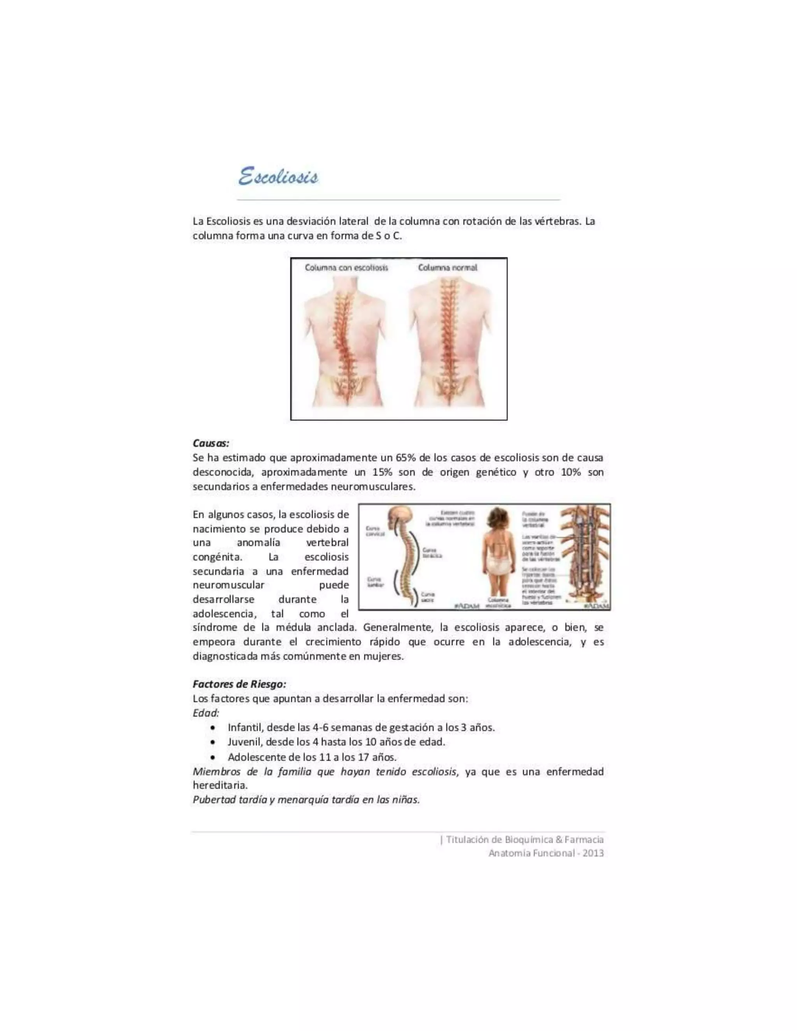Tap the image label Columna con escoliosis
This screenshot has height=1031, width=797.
point(346,268)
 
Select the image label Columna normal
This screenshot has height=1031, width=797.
point(447,268)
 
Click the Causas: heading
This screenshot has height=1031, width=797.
point(211,443)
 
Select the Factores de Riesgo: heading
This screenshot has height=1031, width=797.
point(239,684)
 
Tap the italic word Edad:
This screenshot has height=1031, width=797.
point(206,713)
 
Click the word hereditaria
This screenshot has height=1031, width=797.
point(219,786)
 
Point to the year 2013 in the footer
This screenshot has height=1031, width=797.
point(593,853)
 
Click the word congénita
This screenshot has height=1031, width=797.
point(217,557)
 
